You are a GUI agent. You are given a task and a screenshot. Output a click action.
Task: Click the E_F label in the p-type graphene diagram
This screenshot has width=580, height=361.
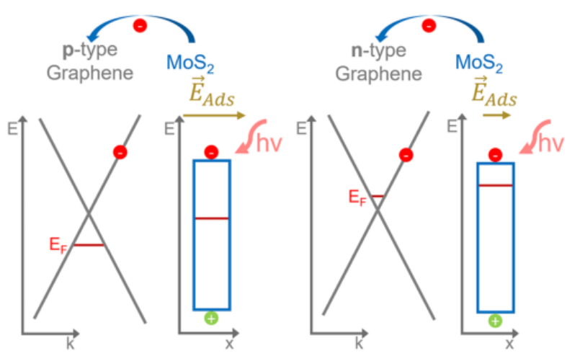[58, 245]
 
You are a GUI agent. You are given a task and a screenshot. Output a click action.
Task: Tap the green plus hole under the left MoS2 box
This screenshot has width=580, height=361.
[210, 318]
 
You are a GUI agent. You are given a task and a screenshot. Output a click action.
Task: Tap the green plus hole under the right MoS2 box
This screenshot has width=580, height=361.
[495, 321]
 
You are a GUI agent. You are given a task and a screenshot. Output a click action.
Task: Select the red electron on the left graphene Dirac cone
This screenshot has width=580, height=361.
[120, 151]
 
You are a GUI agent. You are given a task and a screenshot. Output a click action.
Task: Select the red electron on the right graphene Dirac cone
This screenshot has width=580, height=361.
[407, 154]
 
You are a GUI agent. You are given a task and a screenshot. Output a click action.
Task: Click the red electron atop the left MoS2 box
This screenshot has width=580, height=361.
[210, 152]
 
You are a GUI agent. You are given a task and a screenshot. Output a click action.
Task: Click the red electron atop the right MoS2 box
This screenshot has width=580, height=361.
[495, 154]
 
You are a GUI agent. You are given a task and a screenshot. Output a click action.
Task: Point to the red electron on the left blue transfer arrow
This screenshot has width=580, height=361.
[140, 25]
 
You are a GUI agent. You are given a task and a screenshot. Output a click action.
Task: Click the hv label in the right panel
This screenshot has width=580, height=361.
[552, 143]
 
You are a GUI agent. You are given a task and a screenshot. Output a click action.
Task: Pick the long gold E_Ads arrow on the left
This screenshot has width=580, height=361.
[214, 115]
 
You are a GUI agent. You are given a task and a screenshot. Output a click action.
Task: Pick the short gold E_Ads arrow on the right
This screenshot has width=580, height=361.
[496, 115]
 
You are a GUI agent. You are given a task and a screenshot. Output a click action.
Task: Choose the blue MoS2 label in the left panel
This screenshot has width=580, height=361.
[189, 66]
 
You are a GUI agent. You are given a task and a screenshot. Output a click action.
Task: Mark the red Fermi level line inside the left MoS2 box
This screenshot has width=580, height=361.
[211, 217]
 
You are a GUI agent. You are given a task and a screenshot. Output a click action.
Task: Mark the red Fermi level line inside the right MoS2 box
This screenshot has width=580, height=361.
[495, 185]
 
